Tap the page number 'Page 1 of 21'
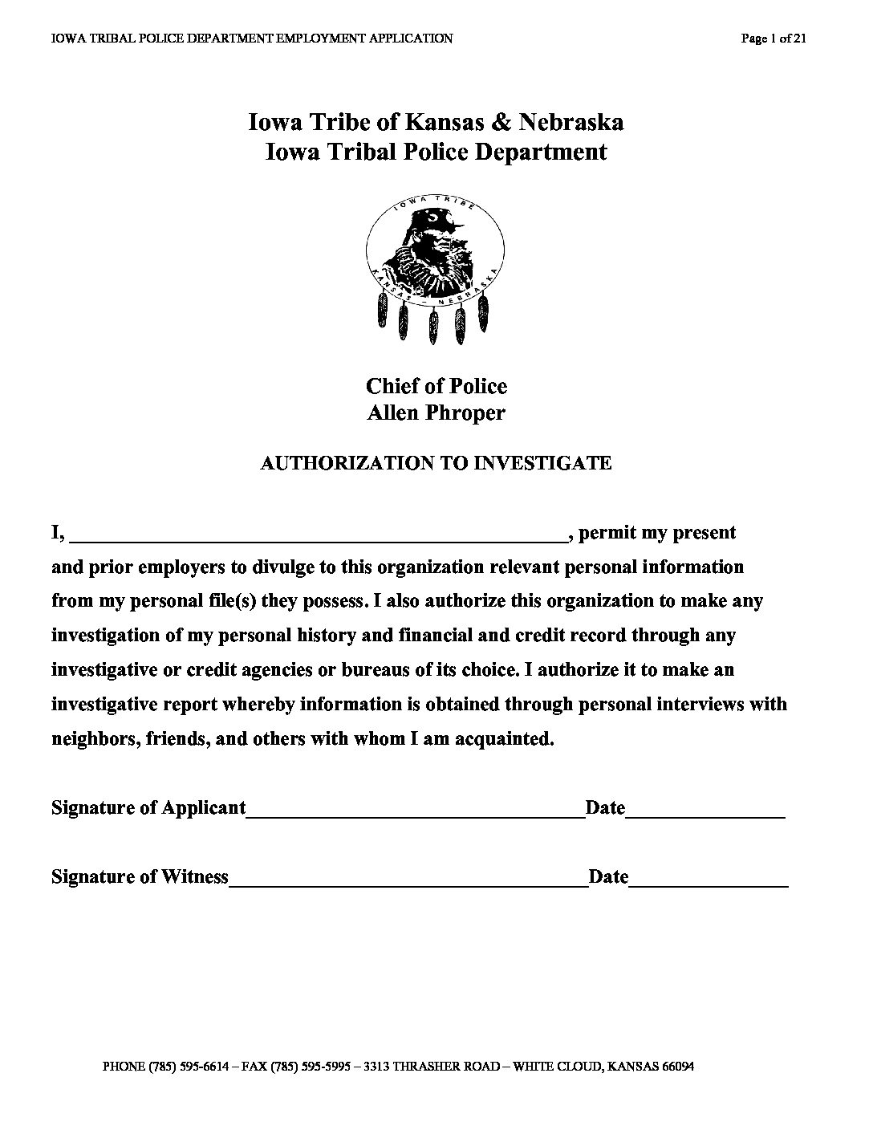[x=774, y=39]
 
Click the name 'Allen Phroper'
[x=436, y=413]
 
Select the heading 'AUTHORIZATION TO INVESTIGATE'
[x=436, y=463]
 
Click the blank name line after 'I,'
[x=321, y=536]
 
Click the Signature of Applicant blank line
[x=416, y=811]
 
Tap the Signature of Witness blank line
[x=408, y=880]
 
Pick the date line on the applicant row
[x=704, y=811]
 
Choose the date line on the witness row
[x=709, y=880]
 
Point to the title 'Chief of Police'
[x=436, y=386]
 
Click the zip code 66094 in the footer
[x=676, y=1067]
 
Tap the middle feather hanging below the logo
[x=435, y=325]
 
